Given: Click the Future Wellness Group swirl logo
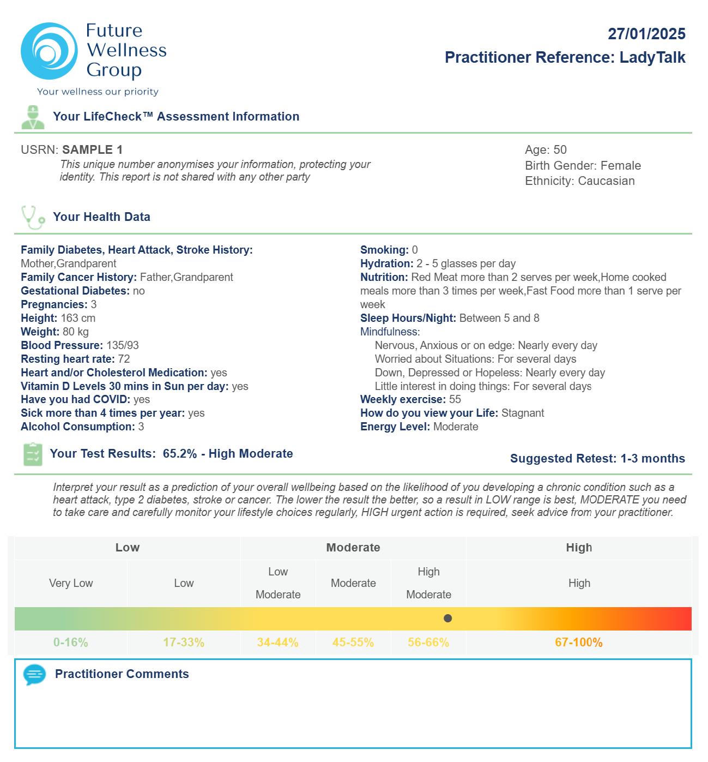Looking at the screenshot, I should click(49, 51).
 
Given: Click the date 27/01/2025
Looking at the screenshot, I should click(646, 34).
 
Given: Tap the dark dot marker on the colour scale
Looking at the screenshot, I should click(448, 619).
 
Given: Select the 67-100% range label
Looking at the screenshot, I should click(579, 643).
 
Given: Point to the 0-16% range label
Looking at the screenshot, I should click(71, 643).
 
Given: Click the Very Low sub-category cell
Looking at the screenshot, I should click(71, 583).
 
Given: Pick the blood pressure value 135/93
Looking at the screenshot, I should click(123, 345).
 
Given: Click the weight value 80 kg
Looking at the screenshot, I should click(76, 332).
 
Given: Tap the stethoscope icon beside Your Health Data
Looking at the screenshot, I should click(33, 217).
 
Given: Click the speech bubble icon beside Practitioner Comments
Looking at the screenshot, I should click(34, 675).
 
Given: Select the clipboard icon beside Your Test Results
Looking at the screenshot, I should click(33, 454).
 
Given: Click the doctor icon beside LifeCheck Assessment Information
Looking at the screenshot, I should click(33, 117).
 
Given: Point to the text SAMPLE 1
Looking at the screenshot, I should click(93, 149).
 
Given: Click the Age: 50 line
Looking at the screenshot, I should click(546, 149).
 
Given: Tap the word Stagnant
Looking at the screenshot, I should click(523, 413).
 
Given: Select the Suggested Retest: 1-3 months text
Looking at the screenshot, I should click(597, 458).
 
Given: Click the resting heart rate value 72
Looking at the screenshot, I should click(124, 359).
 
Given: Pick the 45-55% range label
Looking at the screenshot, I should click(353, 643).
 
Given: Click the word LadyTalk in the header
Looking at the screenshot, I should click(652, 57).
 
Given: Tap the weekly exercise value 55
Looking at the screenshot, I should click(455, 399).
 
